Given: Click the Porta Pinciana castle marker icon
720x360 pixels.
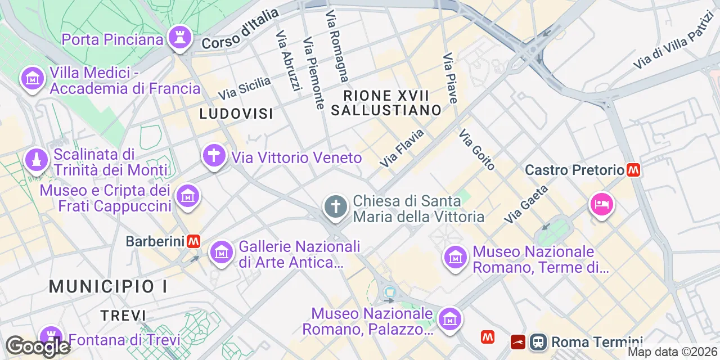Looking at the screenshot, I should click(180, 38).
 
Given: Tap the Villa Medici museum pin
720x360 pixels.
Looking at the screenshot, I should click(33, 78).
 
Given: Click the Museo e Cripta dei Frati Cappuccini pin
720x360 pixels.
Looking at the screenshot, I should click(187, 196).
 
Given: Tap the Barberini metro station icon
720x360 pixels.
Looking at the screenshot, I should click(194, 241).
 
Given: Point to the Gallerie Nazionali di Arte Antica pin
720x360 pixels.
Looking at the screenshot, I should click(222, 253).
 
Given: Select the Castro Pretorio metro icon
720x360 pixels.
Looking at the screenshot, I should click(634, 169).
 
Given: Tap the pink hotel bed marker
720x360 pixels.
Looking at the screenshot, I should click(601, 204).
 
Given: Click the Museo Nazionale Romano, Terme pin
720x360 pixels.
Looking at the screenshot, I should click(455, 258).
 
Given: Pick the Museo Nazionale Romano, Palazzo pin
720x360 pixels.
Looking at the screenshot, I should click(449, 319).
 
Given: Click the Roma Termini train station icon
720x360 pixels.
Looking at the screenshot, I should click(538, 341).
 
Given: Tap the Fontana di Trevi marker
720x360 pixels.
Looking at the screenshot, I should click(51, 336).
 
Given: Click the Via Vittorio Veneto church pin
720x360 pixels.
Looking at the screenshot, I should click(214, 155).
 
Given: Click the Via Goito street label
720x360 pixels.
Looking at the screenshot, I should click(477, 150).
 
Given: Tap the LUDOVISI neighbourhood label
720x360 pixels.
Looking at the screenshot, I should click(236, 114).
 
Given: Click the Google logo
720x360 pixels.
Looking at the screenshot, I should click(37, 346).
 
